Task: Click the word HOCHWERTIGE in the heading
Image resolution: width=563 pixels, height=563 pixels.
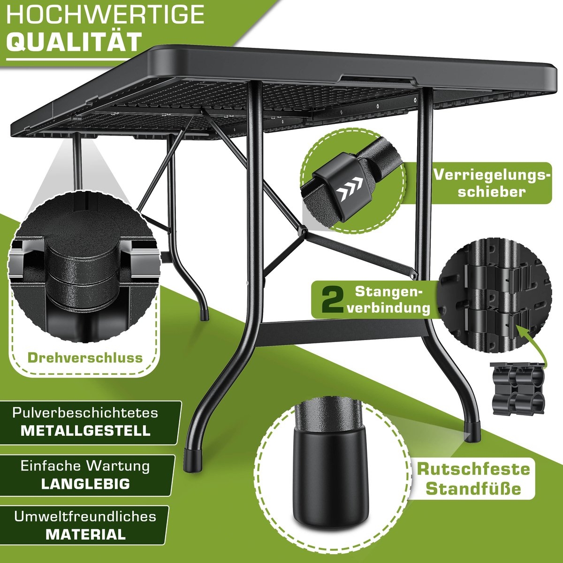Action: [x=105, y=14]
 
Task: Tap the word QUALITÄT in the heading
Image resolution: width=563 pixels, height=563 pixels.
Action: [x=74, y=42]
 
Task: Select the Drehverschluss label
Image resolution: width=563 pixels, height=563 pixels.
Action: [x=85, y=358]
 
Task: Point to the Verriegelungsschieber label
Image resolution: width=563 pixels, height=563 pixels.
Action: [x=492, y=183]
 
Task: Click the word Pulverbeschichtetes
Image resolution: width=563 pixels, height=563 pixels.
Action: [x=85, y=412]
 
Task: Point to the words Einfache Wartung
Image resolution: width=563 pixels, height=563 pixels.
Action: [x=85, y=466]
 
